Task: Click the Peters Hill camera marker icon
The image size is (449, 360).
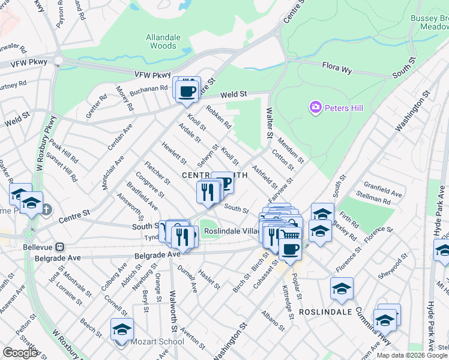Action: [315, 107]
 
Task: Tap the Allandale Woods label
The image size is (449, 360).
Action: [163, 41]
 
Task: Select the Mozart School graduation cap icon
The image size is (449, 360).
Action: [122, 329]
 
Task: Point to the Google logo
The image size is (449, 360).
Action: [20, 353]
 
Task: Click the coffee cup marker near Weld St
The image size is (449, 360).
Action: [187, 91]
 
